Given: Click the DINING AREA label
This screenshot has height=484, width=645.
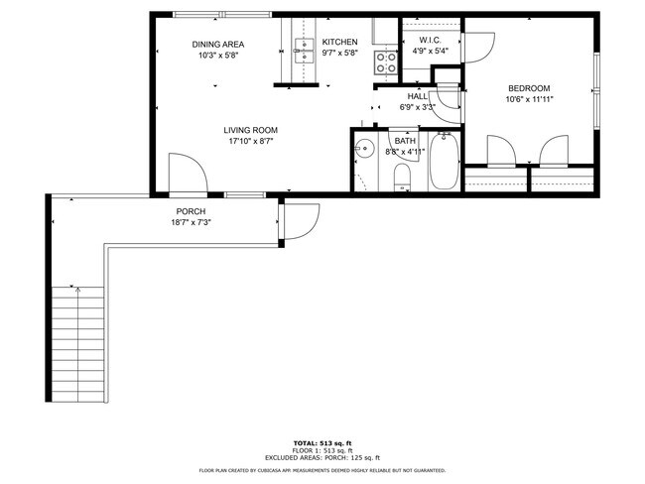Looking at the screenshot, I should tap(217, 44).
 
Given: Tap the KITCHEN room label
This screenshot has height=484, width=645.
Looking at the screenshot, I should tap(339, 42).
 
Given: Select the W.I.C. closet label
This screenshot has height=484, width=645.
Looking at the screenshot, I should tap(415, 41).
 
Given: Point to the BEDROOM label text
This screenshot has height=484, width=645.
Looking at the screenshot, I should tap(529, 86).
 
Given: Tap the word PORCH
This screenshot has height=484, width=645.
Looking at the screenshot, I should tap(191, 211).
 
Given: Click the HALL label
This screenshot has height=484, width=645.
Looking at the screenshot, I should tap(417, 95).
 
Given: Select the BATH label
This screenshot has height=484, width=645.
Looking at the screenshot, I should tap(405, 141).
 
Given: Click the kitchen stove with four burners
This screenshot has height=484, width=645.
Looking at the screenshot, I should tap(385, 62).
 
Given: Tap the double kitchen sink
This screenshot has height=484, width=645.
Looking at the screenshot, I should tap(304, 50).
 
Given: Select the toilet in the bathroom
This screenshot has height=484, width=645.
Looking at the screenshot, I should tap(402, 177).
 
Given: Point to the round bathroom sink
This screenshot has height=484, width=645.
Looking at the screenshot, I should tap(365, 151).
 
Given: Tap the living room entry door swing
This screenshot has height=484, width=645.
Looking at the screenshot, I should tap(186, 174).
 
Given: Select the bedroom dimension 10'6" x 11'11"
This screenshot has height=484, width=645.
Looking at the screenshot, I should tap(529, 98).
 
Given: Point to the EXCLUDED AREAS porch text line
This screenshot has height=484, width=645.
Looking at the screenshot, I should tap(322, 457).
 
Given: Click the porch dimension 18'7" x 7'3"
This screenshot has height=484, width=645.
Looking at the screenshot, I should tap(191, 222).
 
